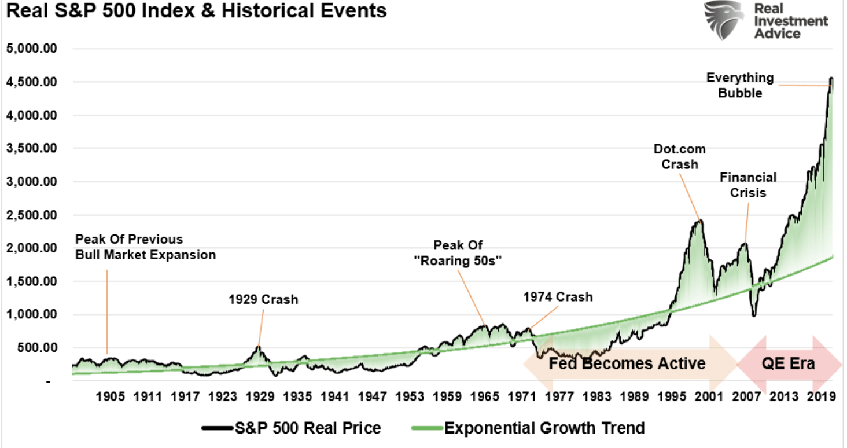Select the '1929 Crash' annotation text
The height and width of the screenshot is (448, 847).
point(263,300)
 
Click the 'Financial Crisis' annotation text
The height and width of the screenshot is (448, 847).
point(747,185)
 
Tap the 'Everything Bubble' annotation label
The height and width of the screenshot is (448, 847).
point(740,85)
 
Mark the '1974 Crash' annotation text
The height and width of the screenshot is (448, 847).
point(558,297)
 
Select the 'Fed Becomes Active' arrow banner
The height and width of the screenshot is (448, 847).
point(627,363)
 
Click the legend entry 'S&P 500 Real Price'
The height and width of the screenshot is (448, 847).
point(292,428)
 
